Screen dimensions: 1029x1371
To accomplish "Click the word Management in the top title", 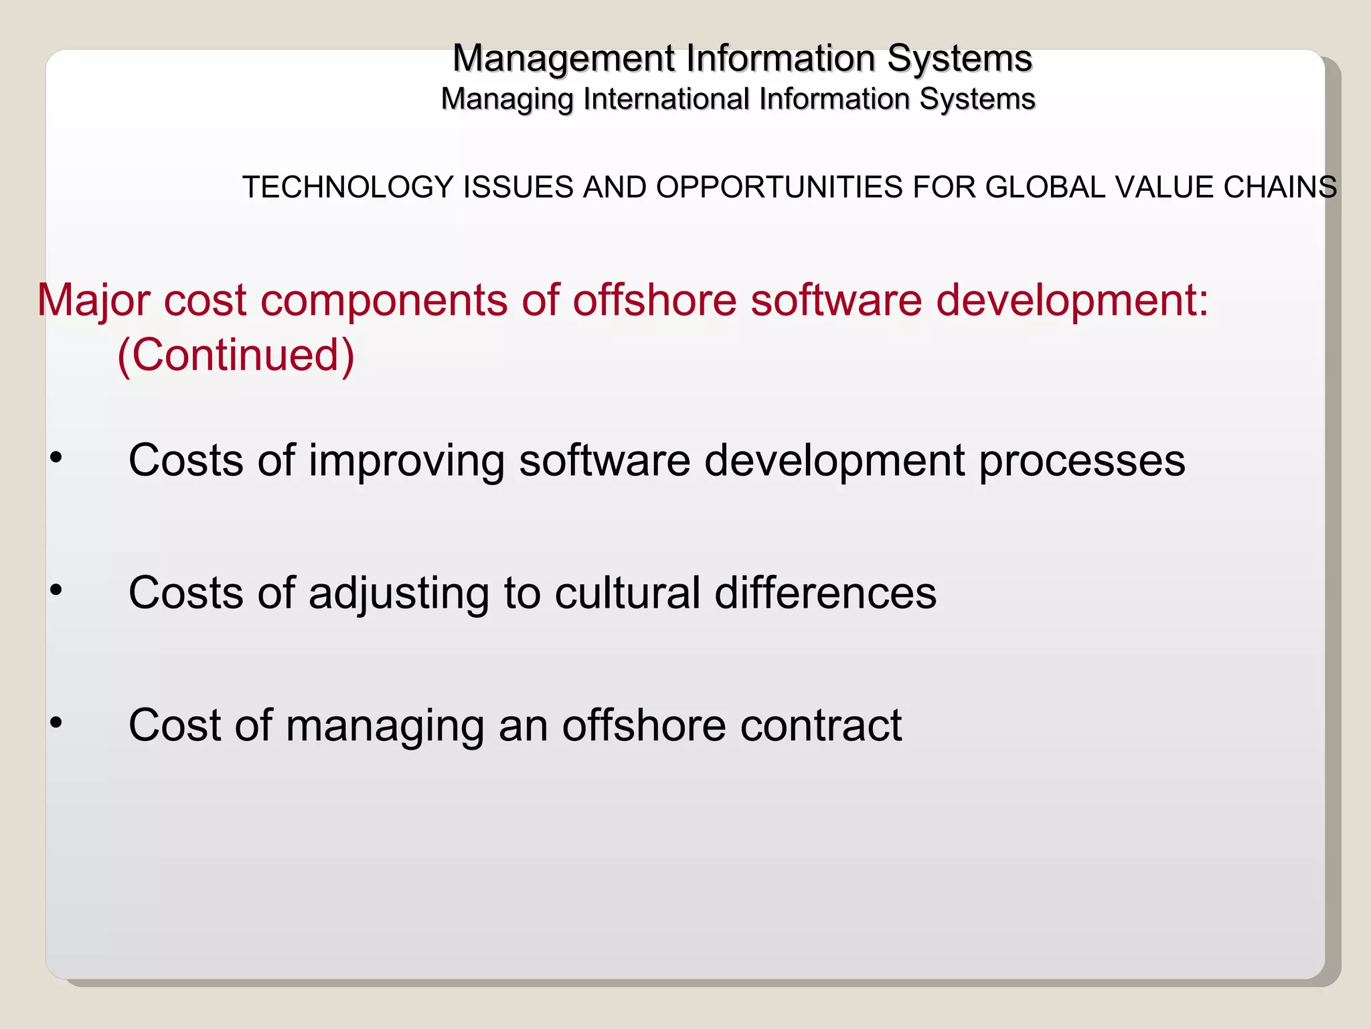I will (x=564, y=59).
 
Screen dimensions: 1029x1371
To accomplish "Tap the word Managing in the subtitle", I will (x=507, y=100).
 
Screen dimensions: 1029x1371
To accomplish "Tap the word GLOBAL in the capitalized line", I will (x=1046, y=187).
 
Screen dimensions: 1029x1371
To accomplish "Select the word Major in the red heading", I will (x=93, y=300).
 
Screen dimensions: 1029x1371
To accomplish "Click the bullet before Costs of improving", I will (x=56, y=458).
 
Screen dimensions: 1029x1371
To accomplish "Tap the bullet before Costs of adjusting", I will (x=56, y=590).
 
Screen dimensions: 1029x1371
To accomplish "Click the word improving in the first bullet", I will (x=406, y=462).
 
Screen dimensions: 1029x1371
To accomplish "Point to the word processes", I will (x=1082, y=462).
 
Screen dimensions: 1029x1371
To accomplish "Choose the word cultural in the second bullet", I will (x=627, y=593).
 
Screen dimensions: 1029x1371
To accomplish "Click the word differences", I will (x=825, y=593).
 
